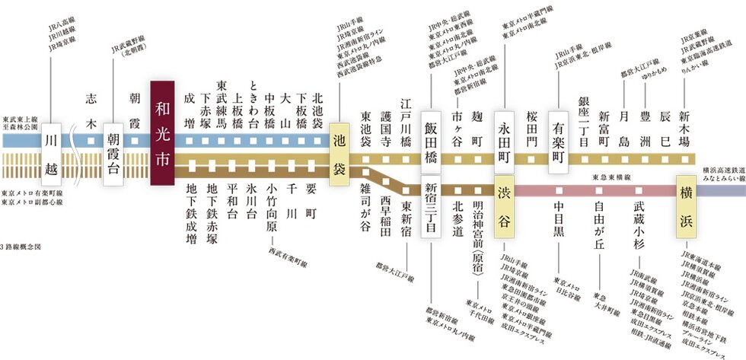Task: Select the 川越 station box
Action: point(51,144)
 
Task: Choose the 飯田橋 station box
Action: point(432,135)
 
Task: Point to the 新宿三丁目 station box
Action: point(432,206)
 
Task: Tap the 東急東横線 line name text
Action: point(611,178)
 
